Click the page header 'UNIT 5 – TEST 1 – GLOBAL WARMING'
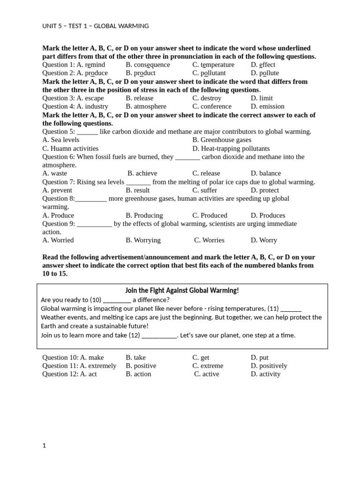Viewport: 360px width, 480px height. tap(96, 26)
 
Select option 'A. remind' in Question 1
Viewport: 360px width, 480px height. tap(91, 65)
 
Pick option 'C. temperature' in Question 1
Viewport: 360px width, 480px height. tap(213, 65)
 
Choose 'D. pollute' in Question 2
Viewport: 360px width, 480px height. tap(265, 73)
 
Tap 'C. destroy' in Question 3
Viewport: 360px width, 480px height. tap(207, 98)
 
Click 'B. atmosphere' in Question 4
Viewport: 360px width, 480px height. tap(146, 106)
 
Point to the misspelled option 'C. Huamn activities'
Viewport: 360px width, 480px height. tap(70, 149)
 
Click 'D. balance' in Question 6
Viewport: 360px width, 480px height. tap(266, 173)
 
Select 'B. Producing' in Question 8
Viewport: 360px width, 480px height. tap(144, 216)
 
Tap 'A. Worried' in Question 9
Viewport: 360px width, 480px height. tap(58, 240)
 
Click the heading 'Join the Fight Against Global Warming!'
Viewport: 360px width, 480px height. tap(182, 291)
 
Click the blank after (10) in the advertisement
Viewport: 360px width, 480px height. tap(117, 300)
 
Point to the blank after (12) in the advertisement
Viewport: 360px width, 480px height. tap(159, 336)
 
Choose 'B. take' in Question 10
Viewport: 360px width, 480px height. tap(136, 358)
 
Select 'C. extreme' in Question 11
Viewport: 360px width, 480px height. tap(208, 366)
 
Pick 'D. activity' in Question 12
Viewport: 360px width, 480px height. tap(265, 374)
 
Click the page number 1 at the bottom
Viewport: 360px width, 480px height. tap(45, 446)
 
